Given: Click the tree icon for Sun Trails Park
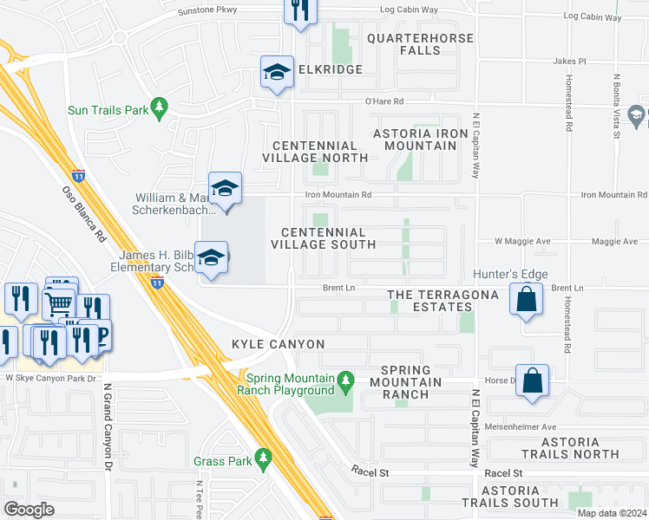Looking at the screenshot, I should (x=158, y=107).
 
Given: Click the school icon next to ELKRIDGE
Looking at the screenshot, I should (x=278, y=72).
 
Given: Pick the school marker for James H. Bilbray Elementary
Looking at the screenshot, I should (x=211, y=258).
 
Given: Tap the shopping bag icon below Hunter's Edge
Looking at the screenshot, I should (x=527, y=300).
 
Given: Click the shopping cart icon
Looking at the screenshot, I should (x=59, y=303).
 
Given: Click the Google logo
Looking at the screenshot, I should (x=29, y=509).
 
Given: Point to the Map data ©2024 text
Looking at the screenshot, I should (x=612, y=513).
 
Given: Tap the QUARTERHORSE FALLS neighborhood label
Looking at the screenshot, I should (x=420, y=45).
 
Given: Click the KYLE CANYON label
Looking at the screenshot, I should (x=278, y=345).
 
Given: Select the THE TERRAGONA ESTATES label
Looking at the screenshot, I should (x=442, y=301).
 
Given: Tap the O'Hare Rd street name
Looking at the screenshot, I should (x=384, y=101).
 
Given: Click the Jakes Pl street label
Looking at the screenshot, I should (x=570, y=62).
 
